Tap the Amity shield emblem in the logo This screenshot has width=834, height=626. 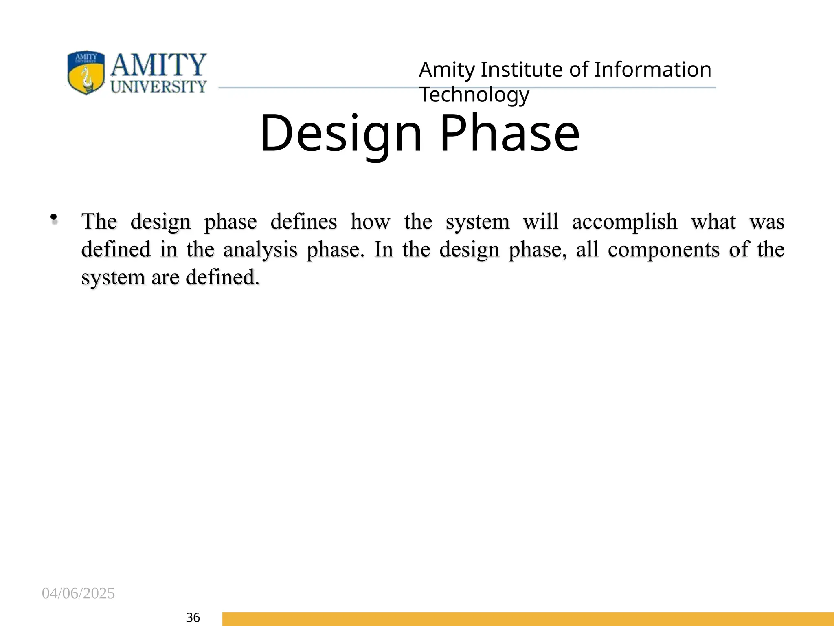(x=86, y=72)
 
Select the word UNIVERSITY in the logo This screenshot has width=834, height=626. (x=158, y=86)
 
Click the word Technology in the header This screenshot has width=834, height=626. (x=474, y=95)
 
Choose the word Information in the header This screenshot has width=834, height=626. (x=652, y=70)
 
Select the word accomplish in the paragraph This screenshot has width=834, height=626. (x=624, y=222)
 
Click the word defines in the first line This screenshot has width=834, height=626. (x=303, y=222)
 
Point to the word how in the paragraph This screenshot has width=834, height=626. (x=370, y=222)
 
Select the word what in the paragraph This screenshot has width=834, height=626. (x=713, y=222)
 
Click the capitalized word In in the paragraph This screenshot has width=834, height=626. (x=384, y=249)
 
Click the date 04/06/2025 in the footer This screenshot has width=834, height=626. (x=78, y=593)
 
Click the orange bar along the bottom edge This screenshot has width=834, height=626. (x=528, y=619)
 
